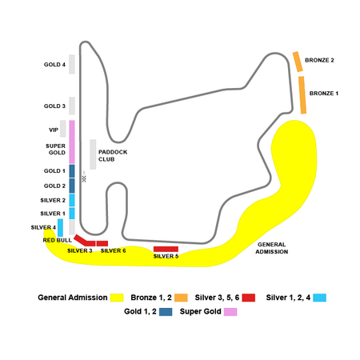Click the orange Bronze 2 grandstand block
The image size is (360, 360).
pyautogui.click(x=298, y=62)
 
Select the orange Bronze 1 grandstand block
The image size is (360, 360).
pyautogui.click(x=302, y=95)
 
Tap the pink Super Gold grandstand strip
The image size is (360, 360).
pyautogui.click(x=72, y=142)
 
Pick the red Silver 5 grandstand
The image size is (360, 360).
pyautogui.click(x=166, y=249)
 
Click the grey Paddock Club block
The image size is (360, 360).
pyautogui.click(x=93, y=154)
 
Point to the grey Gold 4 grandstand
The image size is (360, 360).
pyautogui.click(x=72, y=64)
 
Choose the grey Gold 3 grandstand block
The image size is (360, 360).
pyautogui.click(x=72, y=106)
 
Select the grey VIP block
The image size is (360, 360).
pyautogui.click(x=63, y=129)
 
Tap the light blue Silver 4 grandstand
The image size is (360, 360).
pyautogui.click(x=61, y=228)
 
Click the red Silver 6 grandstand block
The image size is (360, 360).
pyautogui.click(x=102, y=243)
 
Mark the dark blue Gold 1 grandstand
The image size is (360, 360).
pyautogui.click(x=72, y=171)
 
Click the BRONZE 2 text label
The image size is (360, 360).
pyautogui.click(x=319, y=60)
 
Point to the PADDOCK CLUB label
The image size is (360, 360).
pyautogui.click(x=113, y=156)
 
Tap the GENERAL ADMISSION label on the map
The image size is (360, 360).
pyautogui.click(x=272, y=248)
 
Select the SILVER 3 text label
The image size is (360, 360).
pyautogui.click(x=80, y=250)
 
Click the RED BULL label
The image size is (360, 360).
pyautogui.click(x=58, y=240)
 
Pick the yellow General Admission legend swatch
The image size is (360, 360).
pyautogui.click(x=117, y=298)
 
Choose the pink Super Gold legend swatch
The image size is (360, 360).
pyautogui.click(x=230, y=312)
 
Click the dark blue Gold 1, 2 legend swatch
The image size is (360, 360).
pyautogui.click(x=166, y=312)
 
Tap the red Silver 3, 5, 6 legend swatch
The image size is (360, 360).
pyautogui.click(x=249, y=298)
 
